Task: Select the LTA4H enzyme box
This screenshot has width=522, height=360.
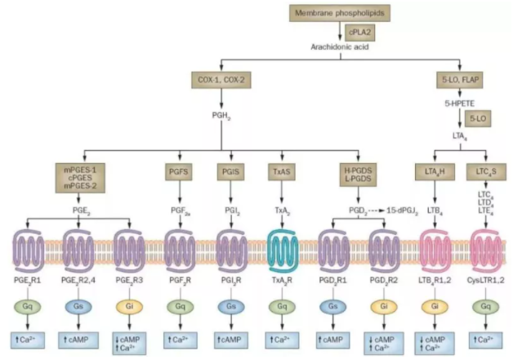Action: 431,172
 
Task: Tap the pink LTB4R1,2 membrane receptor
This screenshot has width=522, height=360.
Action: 433,244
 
